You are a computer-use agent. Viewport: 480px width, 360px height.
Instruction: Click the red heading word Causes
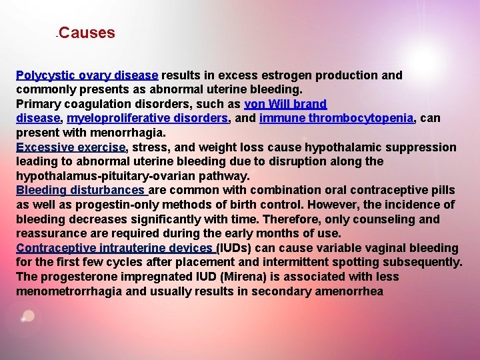[x=87, y=33]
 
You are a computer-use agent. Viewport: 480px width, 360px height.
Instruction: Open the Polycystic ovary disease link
[x=87, y=75]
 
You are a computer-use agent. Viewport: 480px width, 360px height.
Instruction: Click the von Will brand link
[x=285, y=104]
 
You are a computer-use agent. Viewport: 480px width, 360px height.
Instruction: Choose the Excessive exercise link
[x=71, y=147]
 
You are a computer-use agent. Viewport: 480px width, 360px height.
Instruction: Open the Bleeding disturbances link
[x=81, y=191]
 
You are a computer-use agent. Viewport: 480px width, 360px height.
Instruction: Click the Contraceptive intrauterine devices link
[x=116, y=248]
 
